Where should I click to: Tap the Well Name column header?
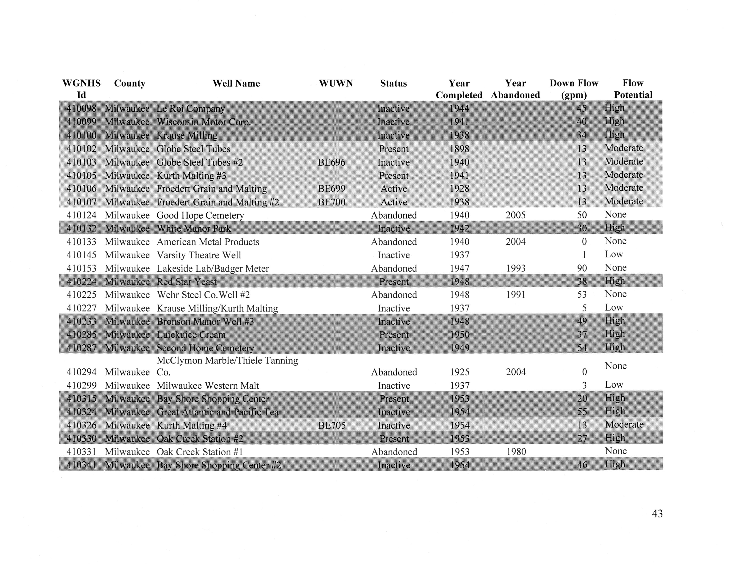(x=236, y=83)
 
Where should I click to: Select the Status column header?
(x=393, y=83)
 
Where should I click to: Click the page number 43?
(x=657, y=514)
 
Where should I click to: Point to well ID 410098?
(x=81, y=108)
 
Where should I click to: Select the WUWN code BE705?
(x=332, y=425)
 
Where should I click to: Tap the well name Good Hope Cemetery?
(x=200, y=215)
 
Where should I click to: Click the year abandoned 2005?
(x=515, y=215)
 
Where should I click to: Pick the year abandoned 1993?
(x=515, y=268)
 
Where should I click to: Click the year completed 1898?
(x=459, y=149)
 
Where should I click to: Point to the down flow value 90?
(x=582, y=268)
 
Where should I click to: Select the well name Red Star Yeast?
(x=187, y=282)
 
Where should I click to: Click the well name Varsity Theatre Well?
(x=199, y=255)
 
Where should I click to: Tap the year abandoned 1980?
(x=516, y=452)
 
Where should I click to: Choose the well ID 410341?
(x=81, y=465)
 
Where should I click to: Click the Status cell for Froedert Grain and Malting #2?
(x=394, y=202)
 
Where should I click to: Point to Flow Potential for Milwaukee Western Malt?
(x=614, y=385)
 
